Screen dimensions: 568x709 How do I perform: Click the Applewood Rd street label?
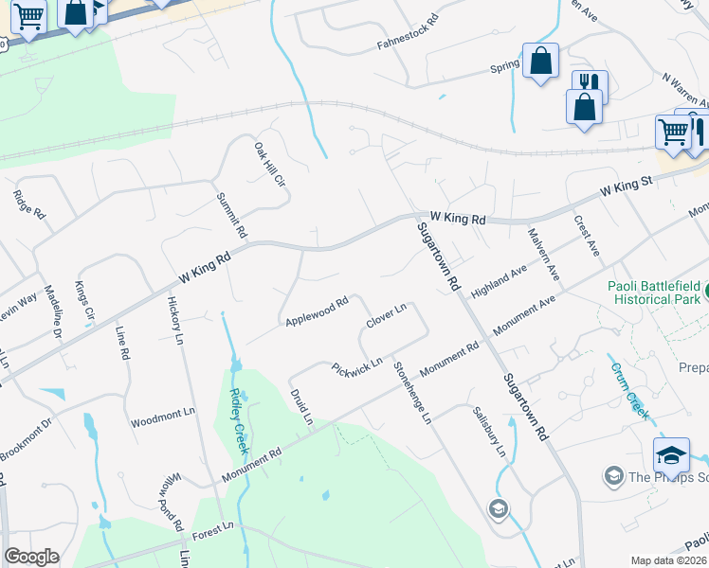(x=318, y=311)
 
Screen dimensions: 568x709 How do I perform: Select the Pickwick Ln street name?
(x=356, y=366)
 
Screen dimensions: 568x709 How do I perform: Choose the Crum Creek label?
(x=628, y=390)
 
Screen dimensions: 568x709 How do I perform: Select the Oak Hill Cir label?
(x=268, y=164)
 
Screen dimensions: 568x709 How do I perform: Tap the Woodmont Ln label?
(x=162, y=417)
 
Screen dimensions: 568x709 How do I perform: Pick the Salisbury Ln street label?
(x=489, y=431)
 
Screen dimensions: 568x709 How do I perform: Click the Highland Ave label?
(x=499, y=281)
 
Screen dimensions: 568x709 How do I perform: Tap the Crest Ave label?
(x=587, y=235)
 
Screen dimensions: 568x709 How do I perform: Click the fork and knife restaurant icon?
(x=590, y=82)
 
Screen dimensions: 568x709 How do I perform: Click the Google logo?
(x=31, y=557)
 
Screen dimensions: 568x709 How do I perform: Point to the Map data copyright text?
(x=668, y=560)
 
